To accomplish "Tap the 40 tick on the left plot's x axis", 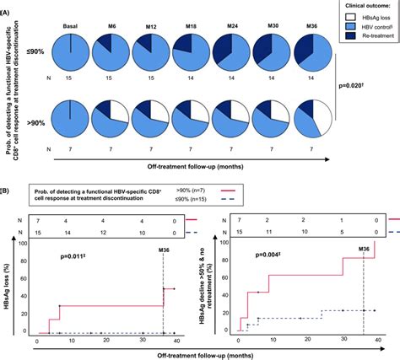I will pos(176,341).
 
